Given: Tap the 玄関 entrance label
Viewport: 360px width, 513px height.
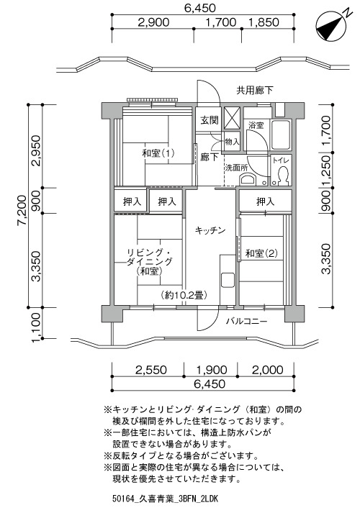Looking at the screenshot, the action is [210, 120].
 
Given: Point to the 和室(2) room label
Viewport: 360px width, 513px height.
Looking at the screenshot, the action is [261, 253].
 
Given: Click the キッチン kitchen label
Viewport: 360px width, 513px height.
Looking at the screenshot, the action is [210, 231].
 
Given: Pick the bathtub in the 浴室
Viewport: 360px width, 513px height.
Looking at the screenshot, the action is [281, 135].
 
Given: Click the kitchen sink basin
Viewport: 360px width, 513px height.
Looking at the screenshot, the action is [228, 279].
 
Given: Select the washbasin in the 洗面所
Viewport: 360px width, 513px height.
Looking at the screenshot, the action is [248, 179].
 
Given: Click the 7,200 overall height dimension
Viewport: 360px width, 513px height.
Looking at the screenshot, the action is [22, 210].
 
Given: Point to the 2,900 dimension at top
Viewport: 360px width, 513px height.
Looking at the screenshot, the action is [153, 22].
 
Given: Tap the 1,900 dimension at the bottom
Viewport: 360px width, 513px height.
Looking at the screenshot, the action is [212, 370].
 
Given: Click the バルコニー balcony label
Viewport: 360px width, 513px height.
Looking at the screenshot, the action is [246, 322].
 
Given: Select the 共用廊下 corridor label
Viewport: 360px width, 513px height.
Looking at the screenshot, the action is [255, 91].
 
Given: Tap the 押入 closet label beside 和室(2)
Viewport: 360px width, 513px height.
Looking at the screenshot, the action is [265, 201].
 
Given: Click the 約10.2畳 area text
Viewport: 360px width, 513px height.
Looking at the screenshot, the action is [184, 296].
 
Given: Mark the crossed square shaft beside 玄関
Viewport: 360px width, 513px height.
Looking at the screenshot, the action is [231, 118].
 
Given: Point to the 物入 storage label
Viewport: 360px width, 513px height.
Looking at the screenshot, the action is [232, 142].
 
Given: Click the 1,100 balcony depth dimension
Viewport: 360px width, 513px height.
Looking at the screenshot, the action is [36, 327].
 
